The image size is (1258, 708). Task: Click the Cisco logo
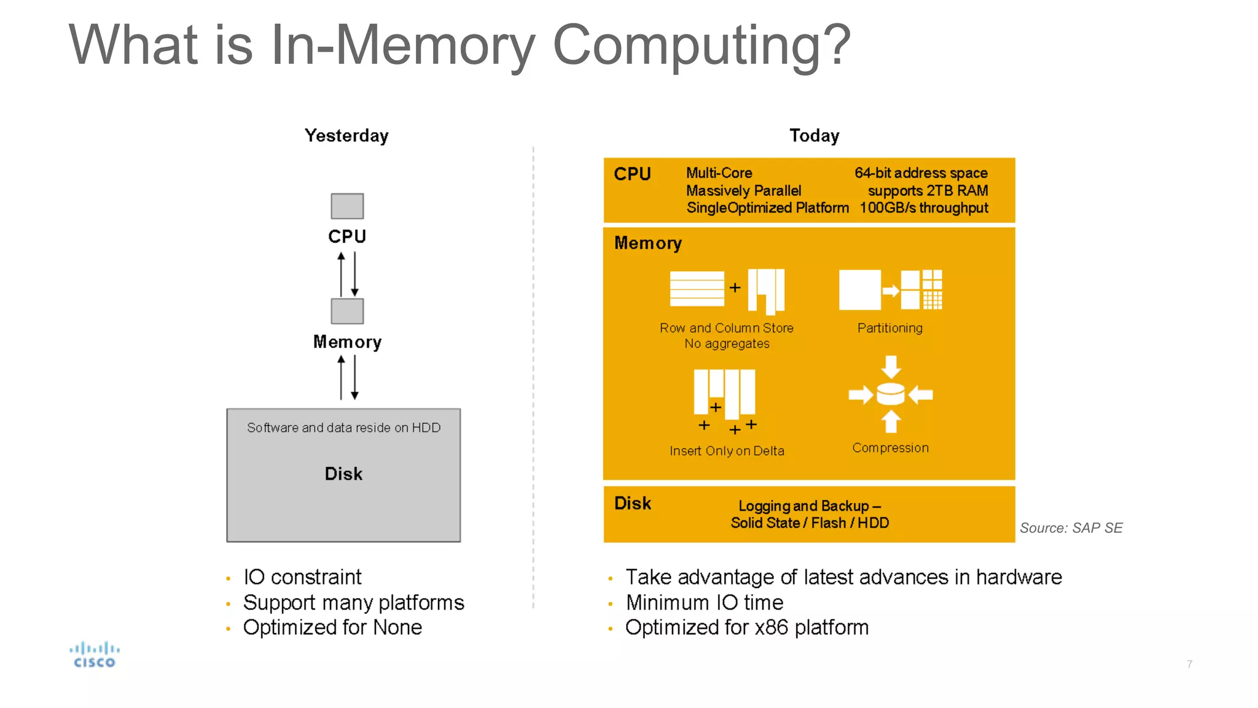pyautogui.click(x=94, y=655)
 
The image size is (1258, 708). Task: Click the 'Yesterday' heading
pyautogui.click(x=346, y=136)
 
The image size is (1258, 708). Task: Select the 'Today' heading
pyautogui.click(x=814, y=136)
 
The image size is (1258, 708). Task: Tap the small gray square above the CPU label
pyautogui.click(x=347, y=206)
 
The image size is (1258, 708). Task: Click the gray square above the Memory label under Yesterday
pyautogui.click(x=347, y=311)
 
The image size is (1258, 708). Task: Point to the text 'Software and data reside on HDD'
pyautogui.click(x=343, y=428)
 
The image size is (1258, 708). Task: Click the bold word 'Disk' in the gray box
pyautogui.click(x=343, y=474)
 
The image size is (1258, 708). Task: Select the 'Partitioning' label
pyautogui.click(x=889, y=328)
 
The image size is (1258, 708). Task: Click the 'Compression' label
pyautogui.click(x=890, y=448)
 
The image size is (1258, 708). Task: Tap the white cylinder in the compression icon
pyautogui.click(x=890, y=394)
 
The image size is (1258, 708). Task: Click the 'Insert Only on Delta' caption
pyautogui.click(x=727, y=451)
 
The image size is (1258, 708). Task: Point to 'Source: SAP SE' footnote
pyautogui.click(x=1071, y=528)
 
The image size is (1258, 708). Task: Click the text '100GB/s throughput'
pyautogui.click(x=923, y=208)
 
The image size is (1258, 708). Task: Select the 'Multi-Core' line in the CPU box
pyautogui.click(x=719, y=173)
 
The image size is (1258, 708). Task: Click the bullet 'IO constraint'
pyautogui.click(x=302, y=577)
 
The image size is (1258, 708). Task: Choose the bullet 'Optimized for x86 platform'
pyautogui.click(x=746, y=627)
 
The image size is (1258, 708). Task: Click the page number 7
pyautogui.click(x=1189, y=664)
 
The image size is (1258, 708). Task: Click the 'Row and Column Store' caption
pyautogui.click(x=726, y=328)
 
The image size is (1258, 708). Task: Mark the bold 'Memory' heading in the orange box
pyautogui.click(x=647, y=243)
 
